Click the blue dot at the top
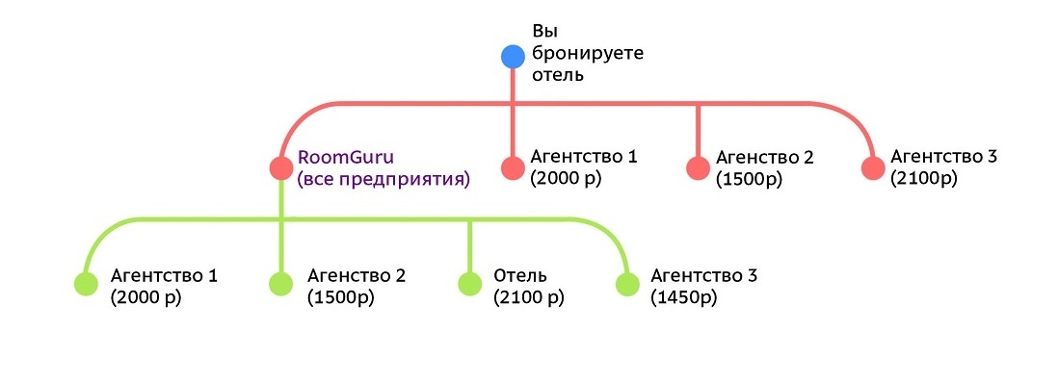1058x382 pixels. click(513, 57)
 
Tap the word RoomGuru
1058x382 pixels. click(346, 159)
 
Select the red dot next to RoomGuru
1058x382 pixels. click(281, 167)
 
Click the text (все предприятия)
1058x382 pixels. click(384, 180)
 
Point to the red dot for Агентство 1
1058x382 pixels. click(513, 167)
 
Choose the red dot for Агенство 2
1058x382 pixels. click(699, 167)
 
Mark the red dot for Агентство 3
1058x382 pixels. click(873, 167)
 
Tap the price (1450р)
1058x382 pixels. click(683, 297)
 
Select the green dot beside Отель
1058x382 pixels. click(470, 284)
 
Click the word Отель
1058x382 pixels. click(520, 276)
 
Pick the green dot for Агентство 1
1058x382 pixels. click(87, 284)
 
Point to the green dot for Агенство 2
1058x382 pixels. click(281, 284)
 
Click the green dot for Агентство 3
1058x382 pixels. click(628, 284)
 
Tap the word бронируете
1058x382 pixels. click(588, 53)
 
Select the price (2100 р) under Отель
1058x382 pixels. click(529, 297)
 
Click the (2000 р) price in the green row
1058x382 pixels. click(145, 297)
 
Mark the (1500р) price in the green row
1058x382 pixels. click(341, 297)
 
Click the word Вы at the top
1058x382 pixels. click(545, 32)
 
